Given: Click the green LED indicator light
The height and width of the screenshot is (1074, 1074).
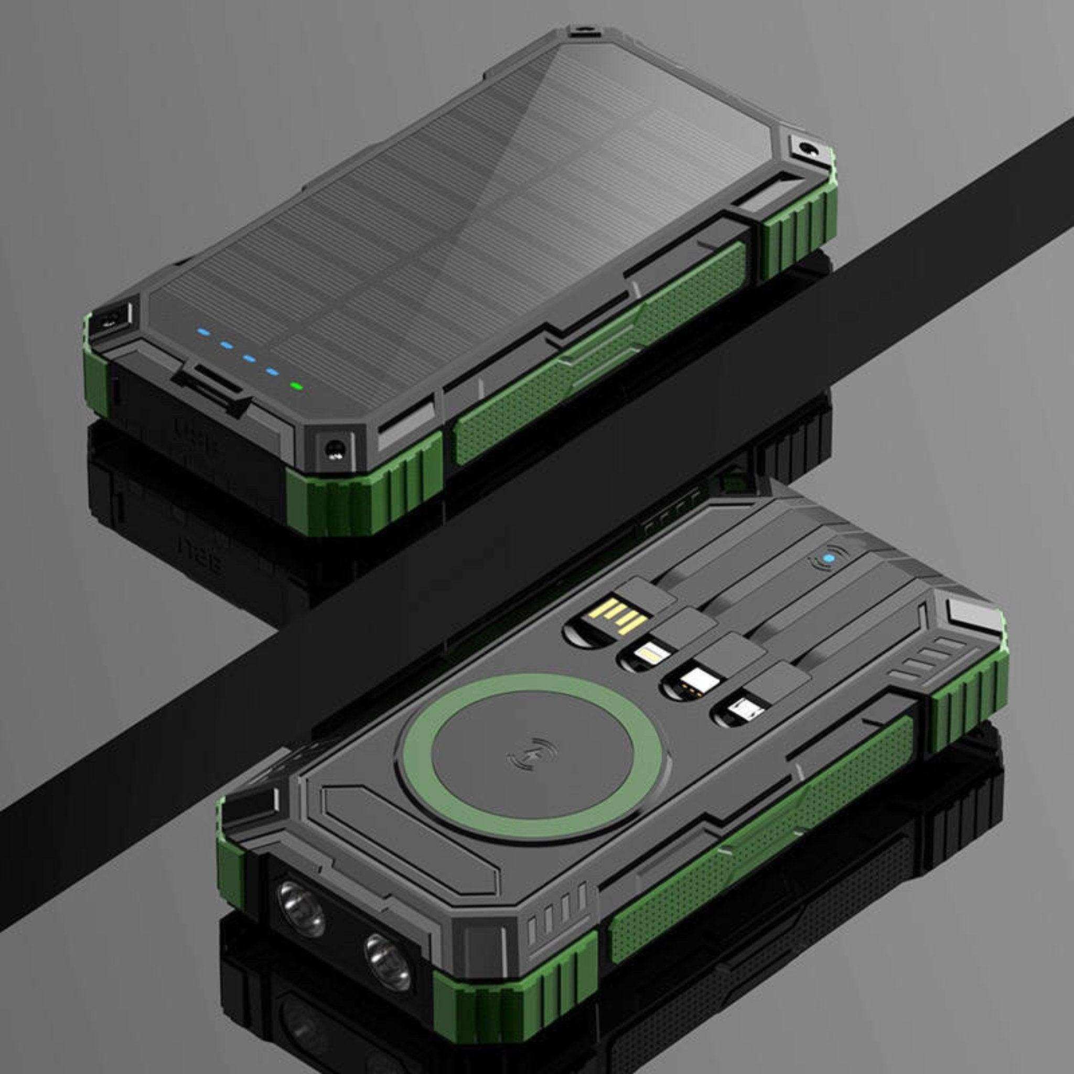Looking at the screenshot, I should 296,385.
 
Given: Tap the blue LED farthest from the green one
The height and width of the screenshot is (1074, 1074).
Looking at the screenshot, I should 201,333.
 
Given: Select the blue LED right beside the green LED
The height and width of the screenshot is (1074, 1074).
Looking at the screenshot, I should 272,371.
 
